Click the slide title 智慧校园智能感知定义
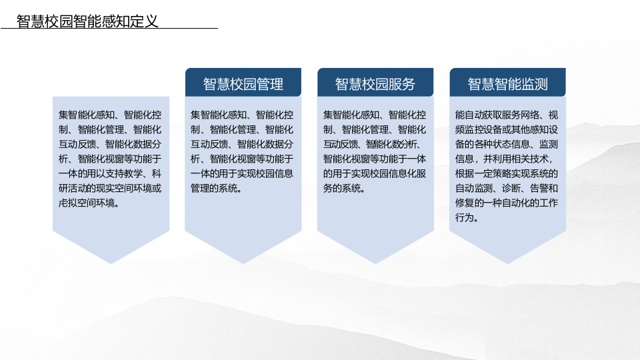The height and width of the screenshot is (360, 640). (87, 21)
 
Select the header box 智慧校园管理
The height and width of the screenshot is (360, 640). (243, 83)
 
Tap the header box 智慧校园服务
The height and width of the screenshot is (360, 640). (375, 83)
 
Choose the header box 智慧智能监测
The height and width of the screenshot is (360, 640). (507, 83)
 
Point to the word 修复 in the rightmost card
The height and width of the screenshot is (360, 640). (465, 203)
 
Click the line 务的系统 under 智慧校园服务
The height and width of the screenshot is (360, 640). (344, 188)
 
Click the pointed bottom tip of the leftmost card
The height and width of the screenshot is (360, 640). (111, 262)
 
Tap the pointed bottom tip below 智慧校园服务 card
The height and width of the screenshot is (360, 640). (375, 262)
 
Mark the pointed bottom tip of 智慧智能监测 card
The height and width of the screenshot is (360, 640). (507, 262)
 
